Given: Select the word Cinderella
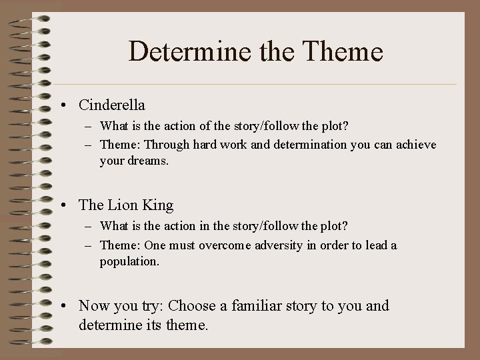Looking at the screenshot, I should click(x=112, y=105).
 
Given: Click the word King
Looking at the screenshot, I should click(x=159, y=205).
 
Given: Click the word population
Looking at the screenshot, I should click(x=130, y=261).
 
